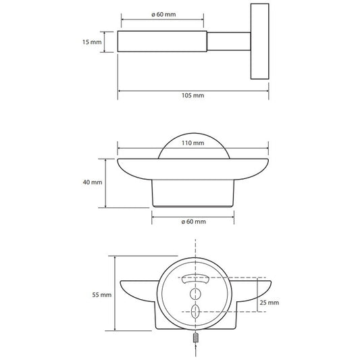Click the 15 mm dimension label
[92, 42]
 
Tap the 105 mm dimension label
[193, 95]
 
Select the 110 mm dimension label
[193, 143]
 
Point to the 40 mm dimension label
[93, 182]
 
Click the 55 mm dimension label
[102, 294]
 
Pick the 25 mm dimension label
[269, 303]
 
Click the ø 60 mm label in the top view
[163, 14]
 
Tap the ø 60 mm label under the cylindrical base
[194, 222]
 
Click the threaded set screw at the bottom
[195, 338]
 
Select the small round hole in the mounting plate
[195, 294]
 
